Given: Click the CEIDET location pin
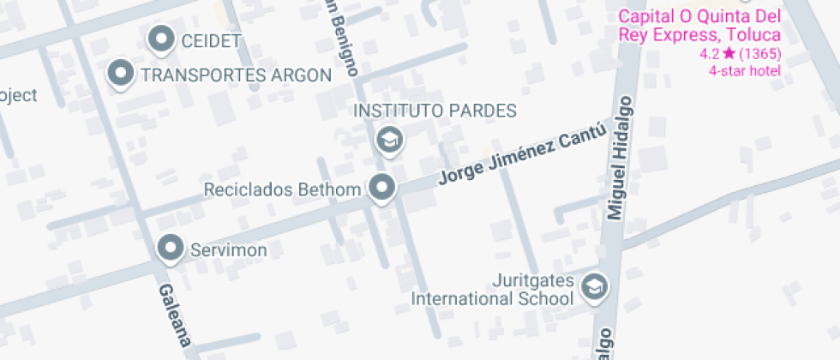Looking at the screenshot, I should [x=161, y=39].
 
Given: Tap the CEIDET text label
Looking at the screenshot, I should [x=211, y=40].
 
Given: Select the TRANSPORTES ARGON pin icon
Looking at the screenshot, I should [x=122, y=74].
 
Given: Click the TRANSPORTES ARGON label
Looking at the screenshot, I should [x=236, y=75].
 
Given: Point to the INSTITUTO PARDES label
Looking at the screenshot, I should [x=435, y=111].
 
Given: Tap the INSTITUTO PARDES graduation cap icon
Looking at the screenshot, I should [x=390, y=139].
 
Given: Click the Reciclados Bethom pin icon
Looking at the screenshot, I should [x=381, y=187].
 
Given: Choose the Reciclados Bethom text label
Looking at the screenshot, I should [x=282, y=189].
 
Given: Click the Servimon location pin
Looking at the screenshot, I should [x=171, y=249].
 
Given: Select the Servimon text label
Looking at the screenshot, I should [x=228, y=250].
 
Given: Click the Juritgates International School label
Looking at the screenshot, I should [x=492, y=290].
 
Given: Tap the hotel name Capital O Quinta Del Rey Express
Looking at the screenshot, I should [x=699, y=26].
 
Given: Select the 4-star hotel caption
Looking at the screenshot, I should [x=744, y=70].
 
